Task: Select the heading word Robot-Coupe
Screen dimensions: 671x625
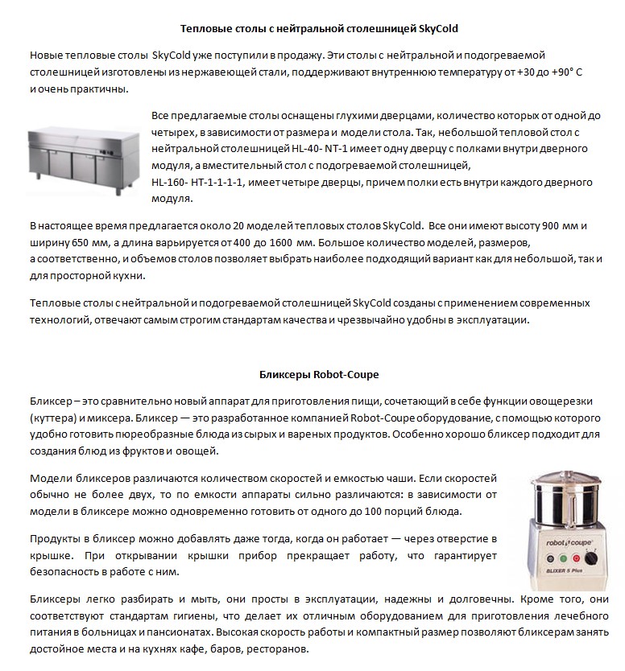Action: tap(348, 374)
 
